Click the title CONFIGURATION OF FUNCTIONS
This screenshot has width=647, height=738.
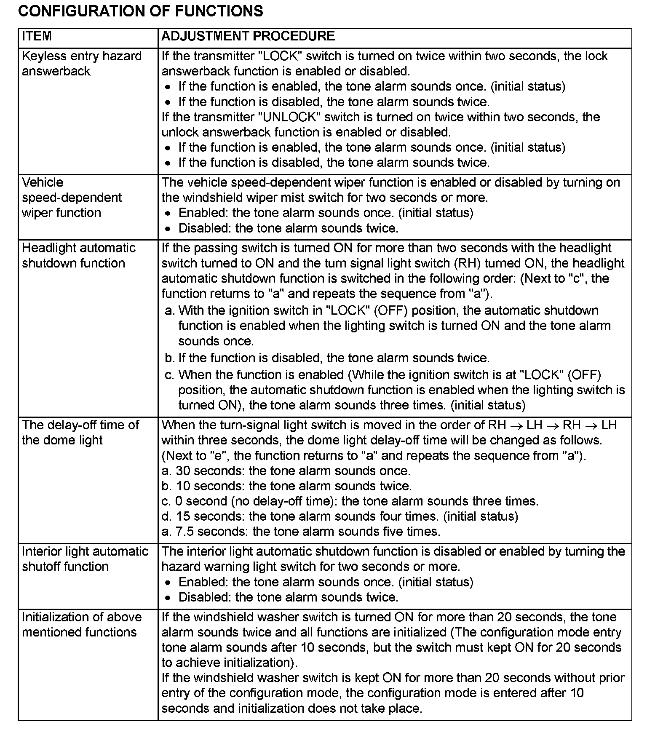[x=141, y=11]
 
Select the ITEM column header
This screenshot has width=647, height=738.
[x=37, y=36]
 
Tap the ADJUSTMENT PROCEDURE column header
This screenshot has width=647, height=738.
[x=248, y=36]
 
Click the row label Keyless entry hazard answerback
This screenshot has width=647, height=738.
[x=81, y=64]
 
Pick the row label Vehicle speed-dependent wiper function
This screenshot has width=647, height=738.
[x=72, y=198]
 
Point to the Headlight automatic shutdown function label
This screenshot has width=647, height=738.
[x=78, y=256]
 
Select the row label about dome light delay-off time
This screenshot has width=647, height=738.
[x=80, y=433]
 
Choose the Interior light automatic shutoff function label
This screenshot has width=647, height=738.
[x=85, y=559]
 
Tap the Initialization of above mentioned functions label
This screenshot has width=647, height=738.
[x=81, y=625]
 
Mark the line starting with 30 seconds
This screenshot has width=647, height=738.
[x=286, y=471]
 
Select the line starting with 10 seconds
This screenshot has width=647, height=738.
[x=286, y=486]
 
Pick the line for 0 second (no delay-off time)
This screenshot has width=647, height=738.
[x=350, y=501]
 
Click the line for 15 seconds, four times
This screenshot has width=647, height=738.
[x=340, y=516]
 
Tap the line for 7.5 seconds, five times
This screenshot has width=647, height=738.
[x=301, y=532]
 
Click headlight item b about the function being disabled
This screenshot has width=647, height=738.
[x=327, y=358]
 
